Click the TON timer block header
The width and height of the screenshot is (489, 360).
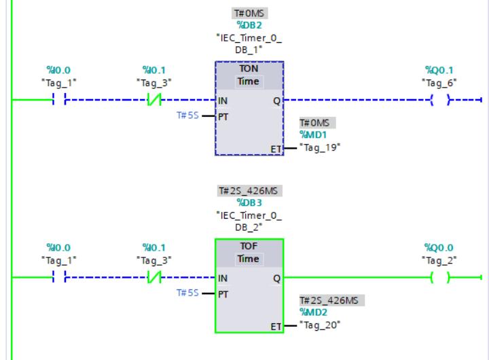(x=249, y=70)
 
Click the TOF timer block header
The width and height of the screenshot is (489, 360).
(x=249, y=248)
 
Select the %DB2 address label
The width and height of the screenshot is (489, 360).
(x=249, y=25)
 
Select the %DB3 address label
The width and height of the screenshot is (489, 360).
(x=249, y=202)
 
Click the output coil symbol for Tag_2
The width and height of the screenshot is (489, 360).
(x=440, y=278)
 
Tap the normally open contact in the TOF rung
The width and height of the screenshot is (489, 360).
(x=58, y=278)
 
